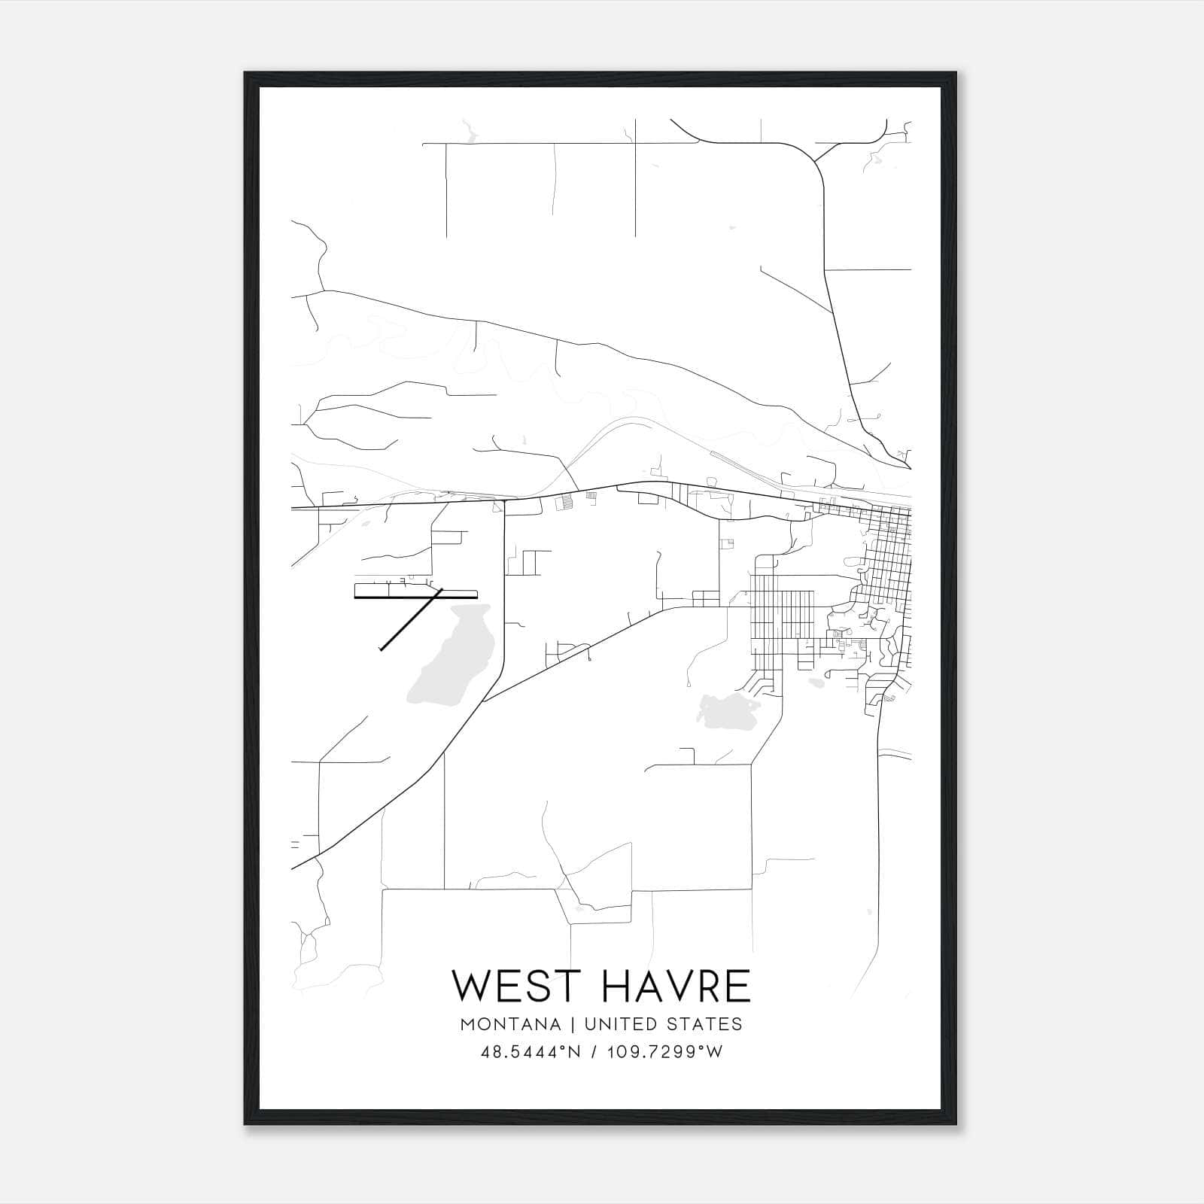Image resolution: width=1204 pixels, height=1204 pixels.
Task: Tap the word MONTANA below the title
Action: [x=511, y=1024]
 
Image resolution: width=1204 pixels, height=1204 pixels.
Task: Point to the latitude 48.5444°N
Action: [x=531, y=1052]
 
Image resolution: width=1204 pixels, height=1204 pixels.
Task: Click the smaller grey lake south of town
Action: [x=726, y=711]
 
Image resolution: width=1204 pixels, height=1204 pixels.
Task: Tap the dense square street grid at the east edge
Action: [x=888, y=557]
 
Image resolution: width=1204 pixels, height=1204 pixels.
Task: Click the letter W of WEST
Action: [x=471, y=987]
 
